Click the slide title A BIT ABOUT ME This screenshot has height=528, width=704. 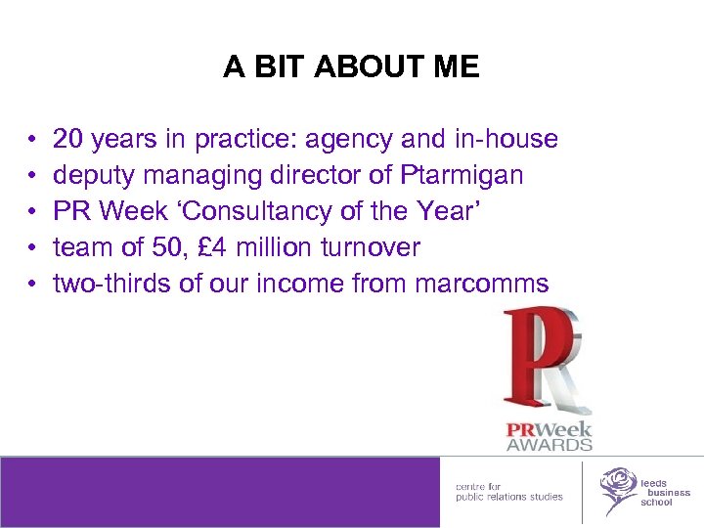tap(351, 66)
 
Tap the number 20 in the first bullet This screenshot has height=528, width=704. tap(67, 140)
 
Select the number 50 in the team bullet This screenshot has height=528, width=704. tap(160, 248)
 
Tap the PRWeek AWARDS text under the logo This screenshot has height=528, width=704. tap(549, 436)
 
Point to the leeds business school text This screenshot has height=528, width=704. tap(665, 493)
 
